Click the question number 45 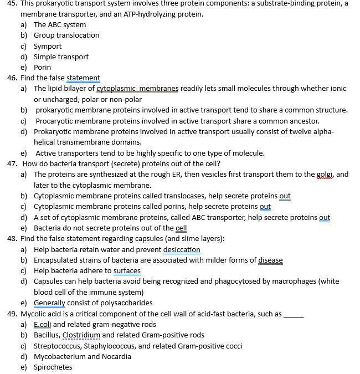12,3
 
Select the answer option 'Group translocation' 66,35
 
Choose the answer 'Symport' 48,46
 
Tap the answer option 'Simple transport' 61,57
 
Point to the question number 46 12,78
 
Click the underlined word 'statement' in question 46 83,78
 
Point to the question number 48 12,238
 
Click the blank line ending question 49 294,315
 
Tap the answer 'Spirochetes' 53,367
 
